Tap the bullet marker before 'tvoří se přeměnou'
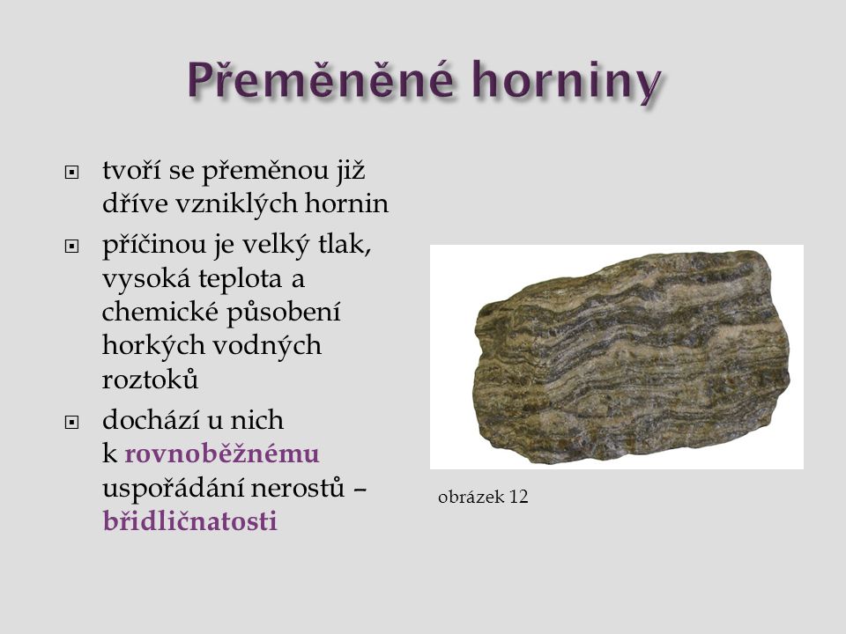click(x=71, y=173)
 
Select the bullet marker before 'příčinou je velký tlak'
click(x=71, y=247)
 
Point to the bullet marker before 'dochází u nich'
click(x=71, y=422)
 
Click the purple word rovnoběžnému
click(x=222, y=453)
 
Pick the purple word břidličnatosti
click(x=190, y=520)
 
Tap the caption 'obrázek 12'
click(x=483, y=497)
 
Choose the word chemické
click(x=159, y=312)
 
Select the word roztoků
click(x=150, y=379)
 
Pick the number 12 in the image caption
click(x=518, y=497)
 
